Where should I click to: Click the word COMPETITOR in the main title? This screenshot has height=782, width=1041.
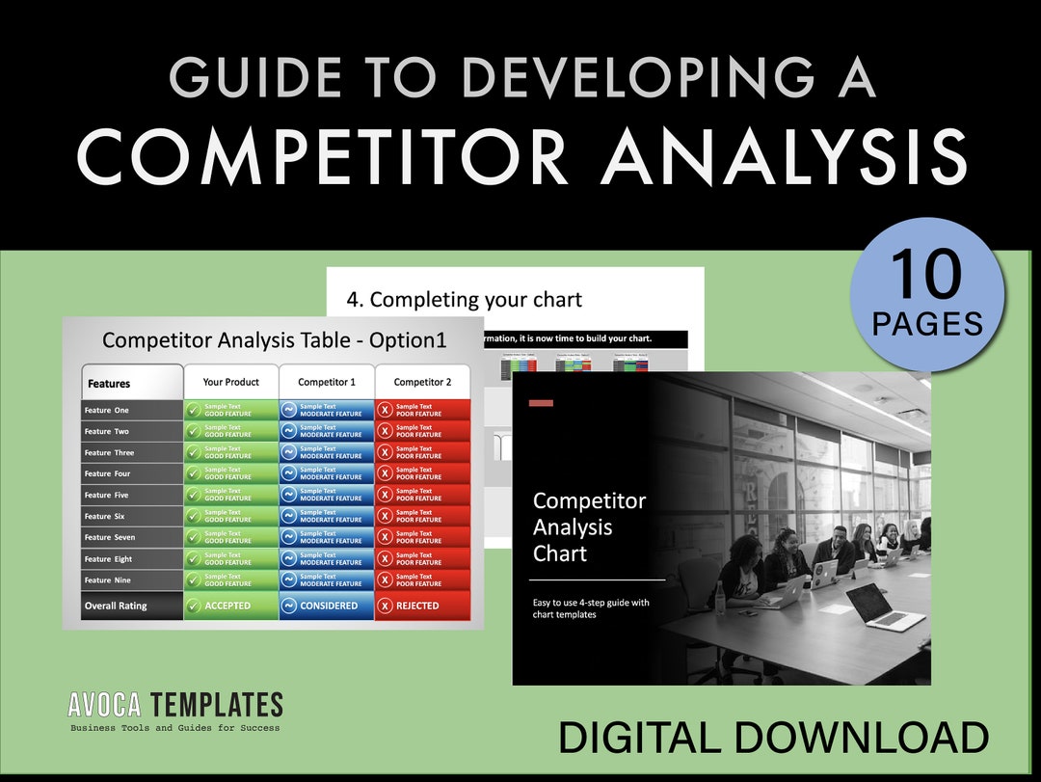324,156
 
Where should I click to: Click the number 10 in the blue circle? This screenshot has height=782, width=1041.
926,274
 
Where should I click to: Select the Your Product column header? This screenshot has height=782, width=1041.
230,382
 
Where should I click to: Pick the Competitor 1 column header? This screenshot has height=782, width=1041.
327,382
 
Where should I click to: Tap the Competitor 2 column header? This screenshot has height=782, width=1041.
422,382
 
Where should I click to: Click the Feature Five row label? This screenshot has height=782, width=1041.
107,495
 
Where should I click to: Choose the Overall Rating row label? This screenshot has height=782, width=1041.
116,606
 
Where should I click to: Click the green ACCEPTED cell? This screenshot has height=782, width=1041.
230,606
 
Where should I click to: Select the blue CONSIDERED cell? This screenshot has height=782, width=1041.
327,606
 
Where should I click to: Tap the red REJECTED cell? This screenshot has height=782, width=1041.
422,606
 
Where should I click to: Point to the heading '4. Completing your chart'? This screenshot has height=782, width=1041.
464,300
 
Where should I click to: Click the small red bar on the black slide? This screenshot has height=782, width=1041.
541,402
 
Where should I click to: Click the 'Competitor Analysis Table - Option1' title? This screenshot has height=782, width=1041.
275,339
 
